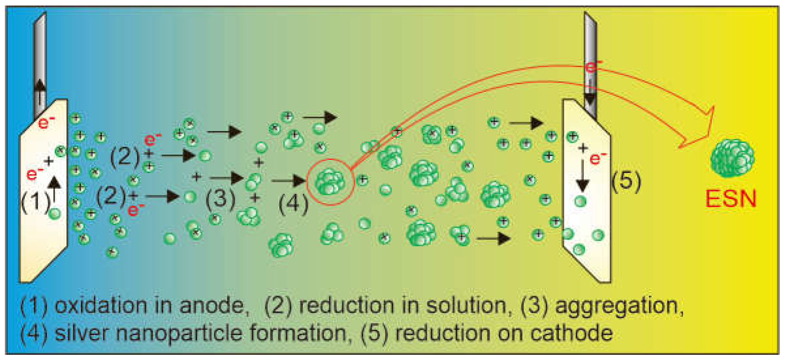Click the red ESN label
[731, 199]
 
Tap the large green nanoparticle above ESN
[732, 158]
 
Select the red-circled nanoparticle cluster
[330, 182]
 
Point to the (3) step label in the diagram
[221, 198]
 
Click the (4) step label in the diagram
[293, 204]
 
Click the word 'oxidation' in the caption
[101, 306]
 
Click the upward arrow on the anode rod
[40, 90]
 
